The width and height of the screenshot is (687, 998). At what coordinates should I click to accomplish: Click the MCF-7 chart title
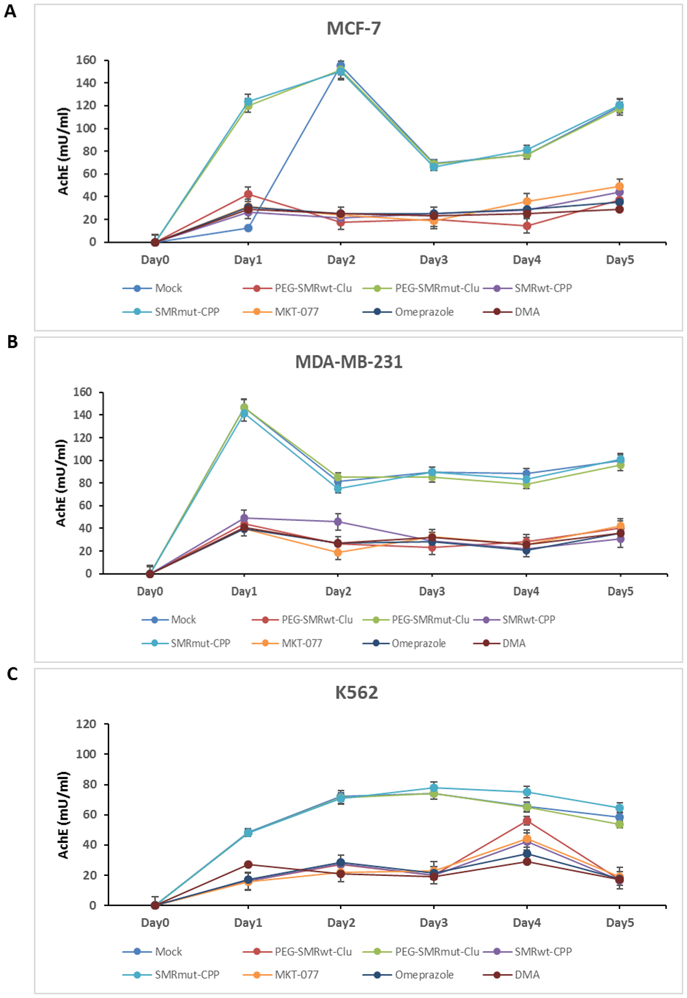point(353,29)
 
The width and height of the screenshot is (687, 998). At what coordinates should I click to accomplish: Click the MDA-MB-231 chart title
point(349,361)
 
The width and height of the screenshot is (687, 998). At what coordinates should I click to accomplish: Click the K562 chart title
point(357,692)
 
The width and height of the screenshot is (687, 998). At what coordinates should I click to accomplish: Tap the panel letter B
point(12,342)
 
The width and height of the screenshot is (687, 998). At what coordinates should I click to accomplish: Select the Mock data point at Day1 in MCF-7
point(248,228)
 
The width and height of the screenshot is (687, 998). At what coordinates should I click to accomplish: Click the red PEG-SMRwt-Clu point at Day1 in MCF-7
point(248,194)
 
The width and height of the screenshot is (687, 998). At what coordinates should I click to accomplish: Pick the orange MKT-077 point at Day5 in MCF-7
point(619,187)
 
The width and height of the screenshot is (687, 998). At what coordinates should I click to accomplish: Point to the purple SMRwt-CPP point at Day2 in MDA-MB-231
point(338,522)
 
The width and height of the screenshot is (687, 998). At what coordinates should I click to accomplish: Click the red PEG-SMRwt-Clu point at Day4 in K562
point(527,821)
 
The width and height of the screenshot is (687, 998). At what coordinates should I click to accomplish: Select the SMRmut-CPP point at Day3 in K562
point(434,788)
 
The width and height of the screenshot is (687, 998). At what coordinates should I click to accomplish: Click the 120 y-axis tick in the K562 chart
point(86,724)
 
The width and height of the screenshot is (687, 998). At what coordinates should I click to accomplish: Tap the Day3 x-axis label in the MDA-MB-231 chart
point(432,591)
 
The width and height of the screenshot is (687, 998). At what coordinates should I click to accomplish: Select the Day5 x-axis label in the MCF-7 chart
point(620,260)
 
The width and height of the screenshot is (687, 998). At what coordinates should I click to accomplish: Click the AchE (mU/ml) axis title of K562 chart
point(63,815)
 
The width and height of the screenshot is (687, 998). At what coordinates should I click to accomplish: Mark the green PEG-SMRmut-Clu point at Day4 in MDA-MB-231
point(526,484)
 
